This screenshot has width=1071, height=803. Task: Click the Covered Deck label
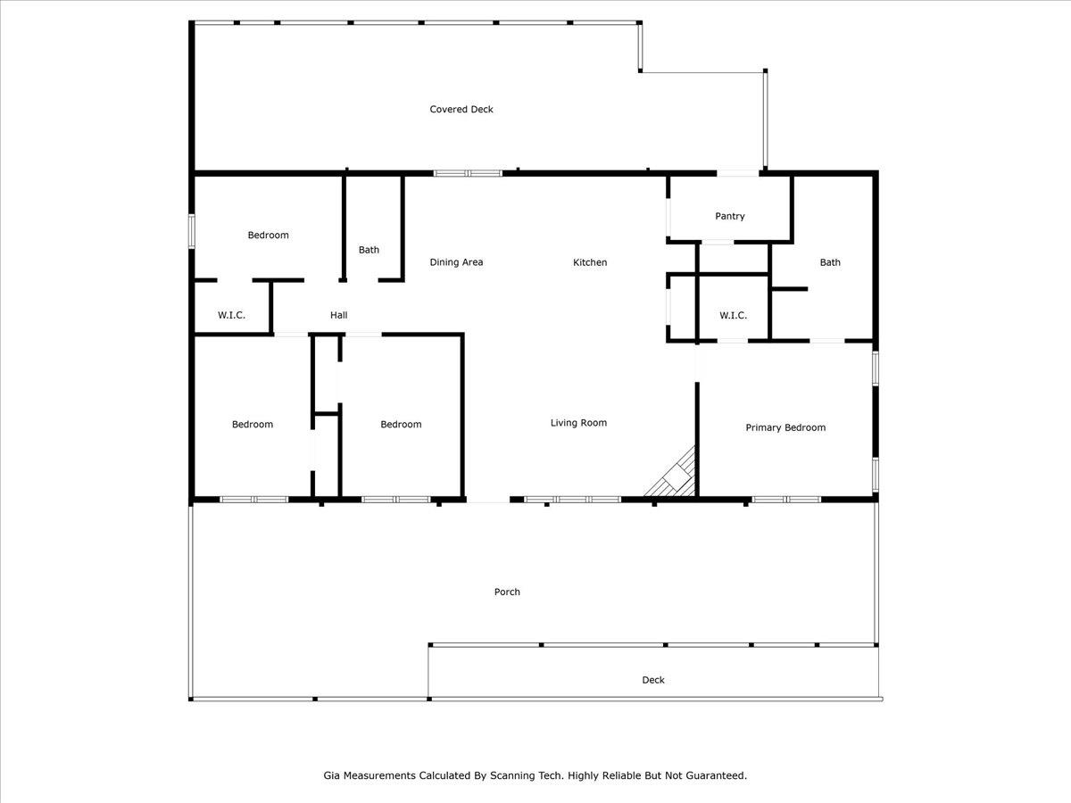(x=461, y=109)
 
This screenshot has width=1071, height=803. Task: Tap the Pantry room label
(x=729, y=216)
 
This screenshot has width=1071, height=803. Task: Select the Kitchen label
(x=590, y=262)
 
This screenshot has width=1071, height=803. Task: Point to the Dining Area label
(x=456, y=262)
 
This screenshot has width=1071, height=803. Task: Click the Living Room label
(x=578, y=423)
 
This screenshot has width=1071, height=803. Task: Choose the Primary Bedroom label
(x=785, y=427)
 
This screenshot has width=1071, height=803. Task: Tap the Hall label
(x=338, y=315)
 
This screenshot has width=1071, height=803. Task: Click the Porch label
(x=507, y=592)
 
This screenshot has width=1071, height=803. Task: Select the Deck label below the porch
(x=652, y=680)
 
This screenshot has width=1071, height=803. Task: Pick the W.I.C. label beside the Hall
(x=231, y=315)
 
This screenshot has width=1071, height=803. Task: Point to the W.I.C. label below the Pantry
(x=733, y=316)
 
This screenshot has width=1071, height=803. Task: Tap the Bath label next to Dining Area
(x=369, y=250)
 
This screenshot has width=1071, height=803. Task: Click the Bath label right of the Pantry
(x=830, y=262)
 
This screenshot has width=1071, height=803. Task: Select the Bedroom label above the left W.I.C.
(x=268, y=235)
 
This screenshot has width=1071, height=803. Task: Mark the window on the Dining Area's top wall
(x=468, y=173)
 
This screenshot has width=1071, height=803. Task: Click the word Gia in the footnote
(x=331, y=775)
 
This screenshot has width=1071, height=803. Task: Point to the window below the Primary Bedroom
(x=786, y=500)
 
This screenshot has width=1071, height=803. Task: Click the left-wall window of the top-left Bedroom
(x=192, y=231)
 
